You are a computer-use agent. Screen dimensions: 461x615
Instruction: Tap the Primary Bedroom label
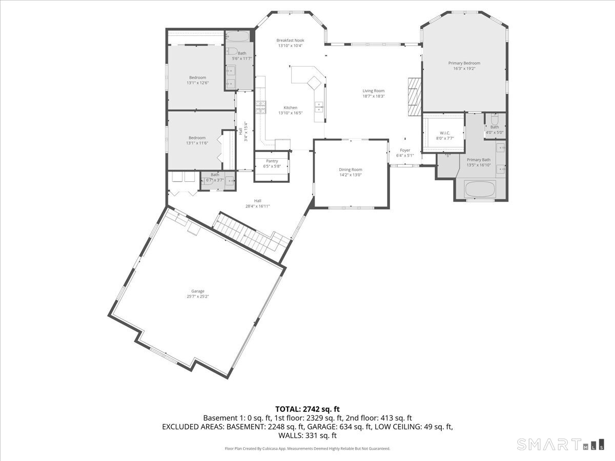coord(464,63)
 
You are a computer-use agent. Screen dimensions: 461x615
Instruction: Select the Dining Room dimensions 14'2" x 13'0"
coord(350,175)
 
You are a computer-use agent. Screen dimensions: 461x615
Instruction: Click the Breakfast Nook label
coord(290,40)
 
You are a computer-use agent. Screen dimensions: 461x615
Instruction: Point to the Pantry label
coord(272,161)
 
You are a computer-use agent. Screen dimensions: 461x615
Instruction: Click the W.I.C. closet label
coord(444,133)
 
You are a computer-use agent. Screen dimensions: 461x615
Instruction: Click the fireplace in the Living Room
coord(414,97)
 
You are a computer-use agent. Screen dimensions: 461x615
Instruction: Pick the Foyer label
coord(405,151)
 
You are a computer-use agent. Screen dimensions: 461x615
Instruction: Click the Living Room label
coord(373,91)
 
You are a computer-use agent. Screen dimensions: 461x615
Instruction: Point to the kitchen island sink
coord(319,107)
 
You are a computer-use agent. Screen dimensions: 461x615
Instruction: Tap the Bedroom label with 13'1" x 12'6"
coord(197,77)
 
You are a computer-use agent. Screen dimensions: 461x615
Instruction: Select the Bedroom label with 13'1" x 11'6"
coord(197,138)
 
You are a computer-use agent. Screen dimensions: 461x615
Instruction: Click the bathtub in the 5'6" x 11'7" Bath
coord(238,37)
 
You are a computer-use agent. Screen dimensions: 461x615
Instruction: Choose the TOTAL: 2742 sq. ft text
coord(307,409)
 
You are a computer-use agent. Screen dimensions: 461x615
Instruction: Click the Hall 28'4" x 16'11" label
coord(257,201)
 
